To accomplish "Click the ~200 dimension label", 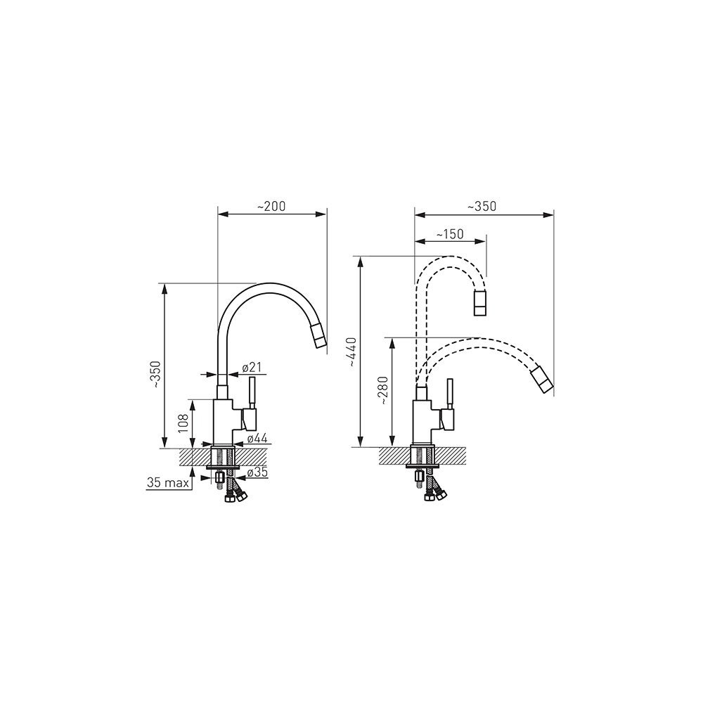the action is pyautogui.click(x=271, y=206).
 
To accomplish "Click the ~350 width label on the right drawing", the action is pyautogui.click(x=482, y=206).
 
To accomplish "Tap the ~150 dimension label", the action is pyautogui.click(x=450, y=234).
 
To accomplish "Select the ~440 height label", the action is pyautogui.click(x=353, y=352).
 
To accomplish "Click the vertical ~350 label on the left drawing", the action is pyautogui.click(x=155, y=375).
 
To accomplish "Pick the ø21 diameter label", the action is pyautogui.click(x=252, y=368).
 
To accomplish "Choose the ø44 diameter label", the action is pyautogui.click(x=257, y=438).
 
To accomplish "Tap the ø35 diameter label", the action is pyautogui.click(x=257, y=472).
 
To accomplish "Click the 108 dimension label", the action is pyautogui.click(x=183, y=423).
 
